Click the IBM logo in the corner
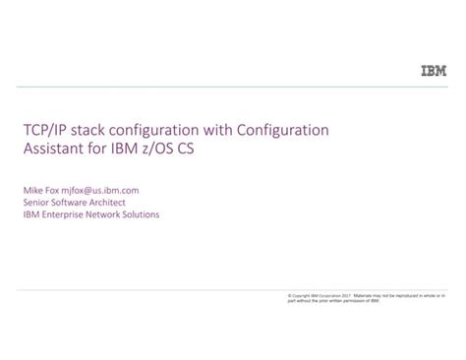(x=433, y=71)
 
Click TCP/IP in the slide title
(x=43, y=131)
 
